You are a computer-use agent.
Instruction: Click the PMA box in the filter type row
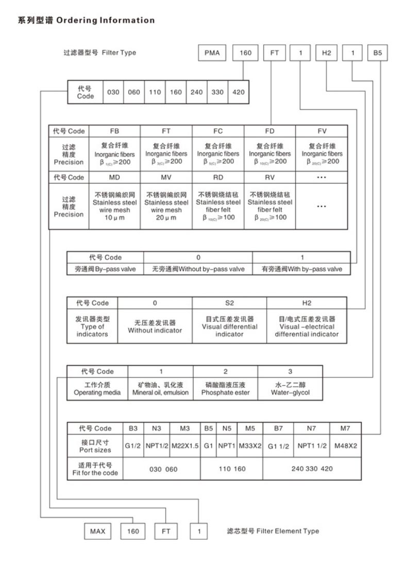(212, 53)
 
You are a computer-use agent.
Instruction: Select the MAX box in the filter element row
(97, 531)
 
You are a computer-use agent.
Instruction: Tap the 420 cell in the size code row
(239, 93)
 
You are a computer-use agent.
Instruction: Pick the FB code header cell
(114, 131)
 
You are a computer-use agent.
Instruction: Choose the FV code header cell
(322, 131)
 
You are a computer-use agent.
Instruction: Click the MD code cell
(114, 178)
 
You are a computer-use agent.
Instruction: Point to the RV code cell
(270, 178)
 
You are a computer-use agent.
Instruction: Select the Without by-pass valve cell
(198, 269)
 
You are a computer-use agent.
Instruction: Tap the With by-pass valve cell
(301, 269)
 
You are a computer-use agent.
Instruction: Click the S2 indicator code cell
(229, 303)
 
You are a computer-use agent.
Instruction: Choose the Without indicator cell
(155, 327)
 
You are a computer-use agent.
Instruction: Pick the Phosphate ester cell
(225, 389)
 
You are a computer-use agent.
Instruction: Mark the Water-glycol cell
(290, 389)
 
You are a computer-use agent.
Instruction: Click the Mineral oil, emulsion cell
(161, 389)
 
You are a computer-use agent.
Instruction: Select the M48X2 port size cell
(346, 446)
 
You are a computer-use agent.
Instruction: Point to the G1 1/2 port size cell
(278, 446)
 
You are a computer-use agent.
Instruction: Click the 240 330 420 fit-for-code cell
(312, 469)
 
